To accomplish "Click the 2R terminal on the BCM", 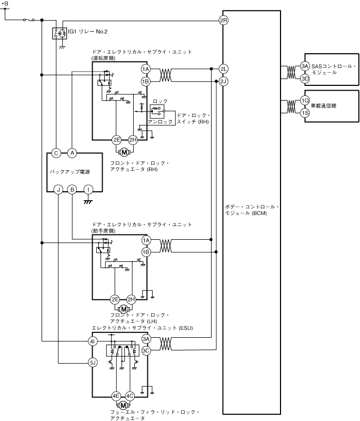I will pos(223,21).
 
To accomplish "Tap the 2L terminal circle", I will pos(223,69).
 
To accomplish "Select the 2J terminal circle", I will pos(223,81).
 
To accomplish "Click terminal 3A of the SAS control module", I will pos(305,66).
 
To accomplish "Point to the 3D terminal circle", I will pos(305,79).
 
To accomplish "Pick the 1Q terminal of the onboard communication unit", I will pos(305,101).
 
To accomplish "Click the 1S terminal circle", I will pos(305,113).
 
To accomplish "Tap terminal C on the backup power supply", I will pos(56,153).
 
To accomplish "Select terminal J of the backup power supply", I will pos(58,189).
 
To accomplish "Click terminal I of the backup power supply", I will pos(88,189).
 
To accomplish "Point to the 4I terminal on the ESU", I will pos(93,342).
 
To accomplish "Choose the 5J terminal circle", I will pos(93,363).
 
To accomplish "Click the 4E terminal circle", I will pos(115,396).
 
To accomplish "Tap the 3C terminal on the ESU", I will pos(146,350).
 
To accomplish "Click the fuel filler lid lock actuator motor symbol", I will pos(124,405).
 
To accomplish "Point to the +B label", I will pos(5,5).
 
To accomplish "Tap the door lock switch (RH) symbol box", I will pos(156,110).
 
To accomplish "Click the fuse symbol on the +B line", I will pos(29,21).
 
